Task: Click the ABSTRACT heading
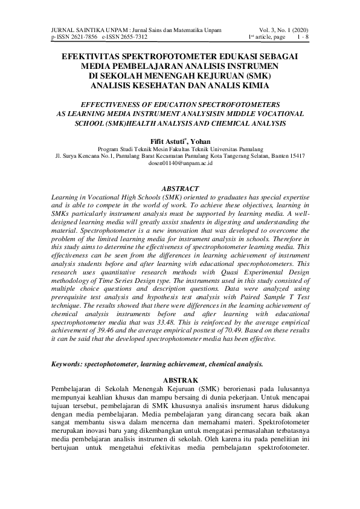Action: click(x=180, y=188)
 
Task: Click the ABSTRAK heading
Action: click(x=180, y=379)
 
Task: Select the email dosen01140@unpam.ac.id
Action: click(x=180, y=163)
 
